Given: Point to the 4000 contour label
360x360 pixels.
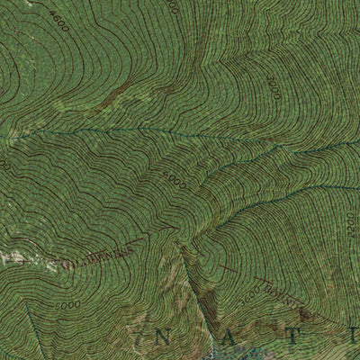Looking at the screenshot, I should [176, 184].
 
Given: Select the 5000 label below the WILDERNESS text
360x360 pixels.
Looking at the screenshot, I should [66, 306].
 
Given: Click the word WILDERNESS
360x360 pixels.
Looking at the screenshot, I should [101, 256].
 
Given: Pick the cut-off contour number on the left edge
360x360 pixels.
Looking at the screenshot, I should [4, 166].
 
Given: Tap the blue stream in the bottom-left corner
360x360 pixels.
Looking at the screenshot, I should [31, 333].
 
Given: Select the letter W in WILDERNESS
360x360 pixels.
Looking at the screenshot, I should [72, 265].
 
